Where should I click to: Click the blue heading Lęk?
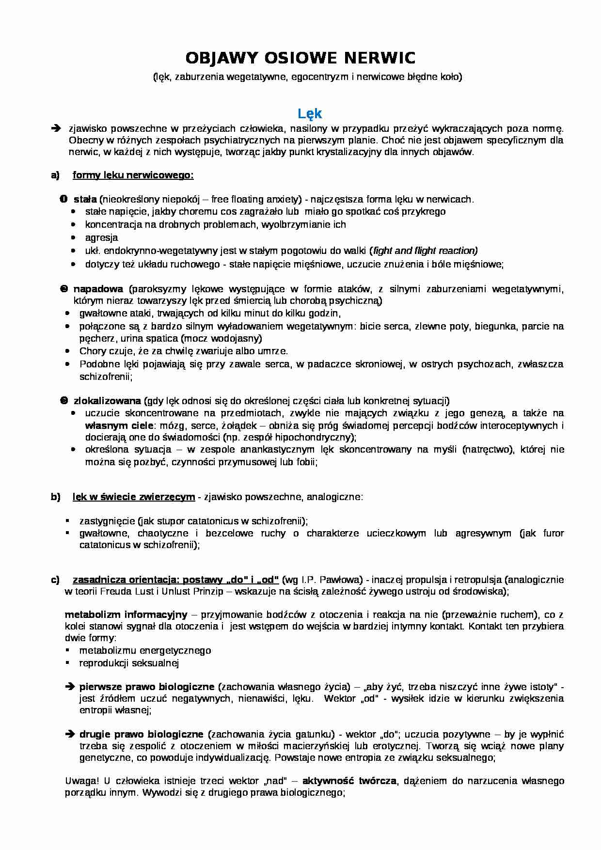309,113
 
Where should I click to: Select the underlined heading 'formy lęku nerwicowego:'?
133,175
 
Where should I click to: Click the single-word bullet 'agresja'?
101,237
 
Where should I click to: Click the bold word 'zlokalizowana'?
107,401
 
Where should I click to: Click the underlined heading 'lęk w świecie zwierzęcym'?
134,497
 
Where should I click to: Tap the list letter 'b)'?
55,497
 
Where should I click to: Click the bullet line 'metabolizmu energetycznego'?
145,650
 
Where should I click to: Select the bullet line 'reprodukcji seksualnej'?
129,663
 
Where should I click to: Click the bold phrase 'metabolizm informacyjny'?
126,614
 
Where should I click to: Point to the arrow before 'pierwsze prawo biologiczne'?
69,687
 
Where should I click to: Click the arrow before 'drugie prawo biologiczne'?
69,734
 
